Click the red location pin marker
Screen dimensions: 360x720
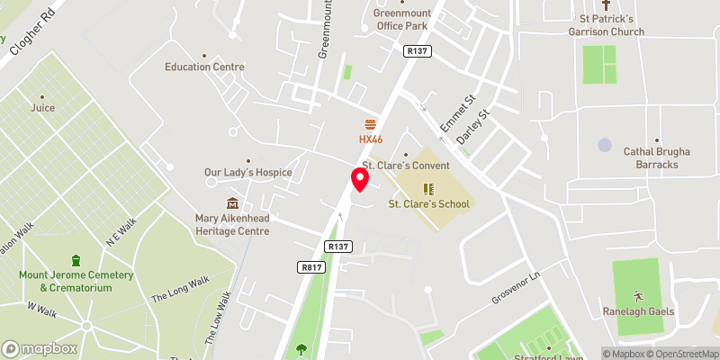coord(360,180)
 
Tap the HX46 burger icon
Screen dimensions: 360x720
coord(370,124)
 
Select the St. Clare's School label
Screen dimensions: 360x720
coord(428,204)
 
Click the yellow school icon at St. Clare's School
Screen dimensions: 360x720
coord(428,189)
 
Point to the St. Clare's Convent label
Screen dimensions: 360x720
coord(405,166)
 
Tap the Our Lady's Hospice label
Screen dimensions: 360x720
coord(248,172)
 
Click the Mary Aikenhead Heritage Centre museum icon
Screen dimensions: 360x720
coord(233,203)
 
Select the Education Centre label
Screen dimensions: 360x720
coord(204,67)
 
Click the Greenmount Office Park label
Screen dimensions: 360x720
coord(400,19)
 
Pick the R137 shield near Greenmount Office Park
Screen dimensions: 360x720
coord(418,51)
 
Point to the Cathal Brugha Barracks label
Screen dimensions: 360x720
coord(657,158)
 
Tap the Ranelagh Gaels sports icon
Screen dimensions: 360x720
coord(638,295)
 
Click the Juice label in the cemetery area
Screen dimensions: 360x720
coord(42,108)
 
